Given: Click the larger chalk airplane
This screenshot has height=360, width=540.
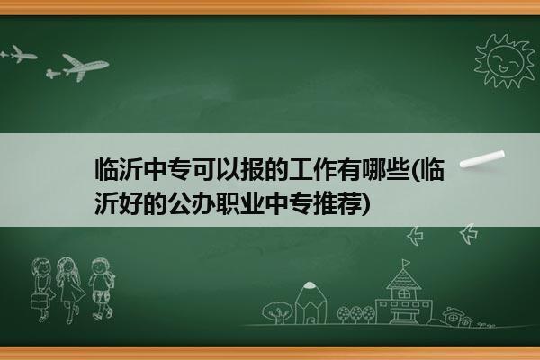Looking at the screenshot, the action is click(x=77, y=67).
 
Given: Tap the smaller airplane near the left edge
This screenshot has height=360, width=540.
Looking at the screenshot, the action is click(x=19, y=54).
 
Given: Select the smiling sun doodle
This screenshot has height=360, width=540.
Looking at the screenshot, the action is click(x=505, y=61).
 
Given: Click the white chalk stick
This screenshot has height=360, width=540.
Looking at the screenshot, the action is click(x=482, y=159).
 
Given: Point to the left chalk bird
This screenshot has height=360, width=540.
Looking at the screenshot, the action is click(x=415, y=236).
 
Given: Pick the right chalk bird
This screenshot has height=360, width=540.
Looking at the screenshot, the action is click(x=469, y=234).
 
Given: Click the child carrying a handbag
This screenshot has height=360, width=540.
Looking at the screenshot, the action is click(x=42, y=290).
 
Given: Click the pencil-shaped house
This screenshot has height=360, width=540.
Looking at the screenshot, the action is click(x=310, y=303).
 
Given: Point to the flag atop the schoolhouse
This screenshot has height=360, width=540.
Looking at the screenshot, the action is click(x=406, y=263).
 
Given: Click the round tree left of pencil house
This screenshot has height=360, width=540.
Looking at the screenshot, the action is click(x=276, y=312).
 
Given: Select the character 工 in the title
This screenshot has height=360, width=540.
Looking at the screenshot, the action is click(x=301, y=169).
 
